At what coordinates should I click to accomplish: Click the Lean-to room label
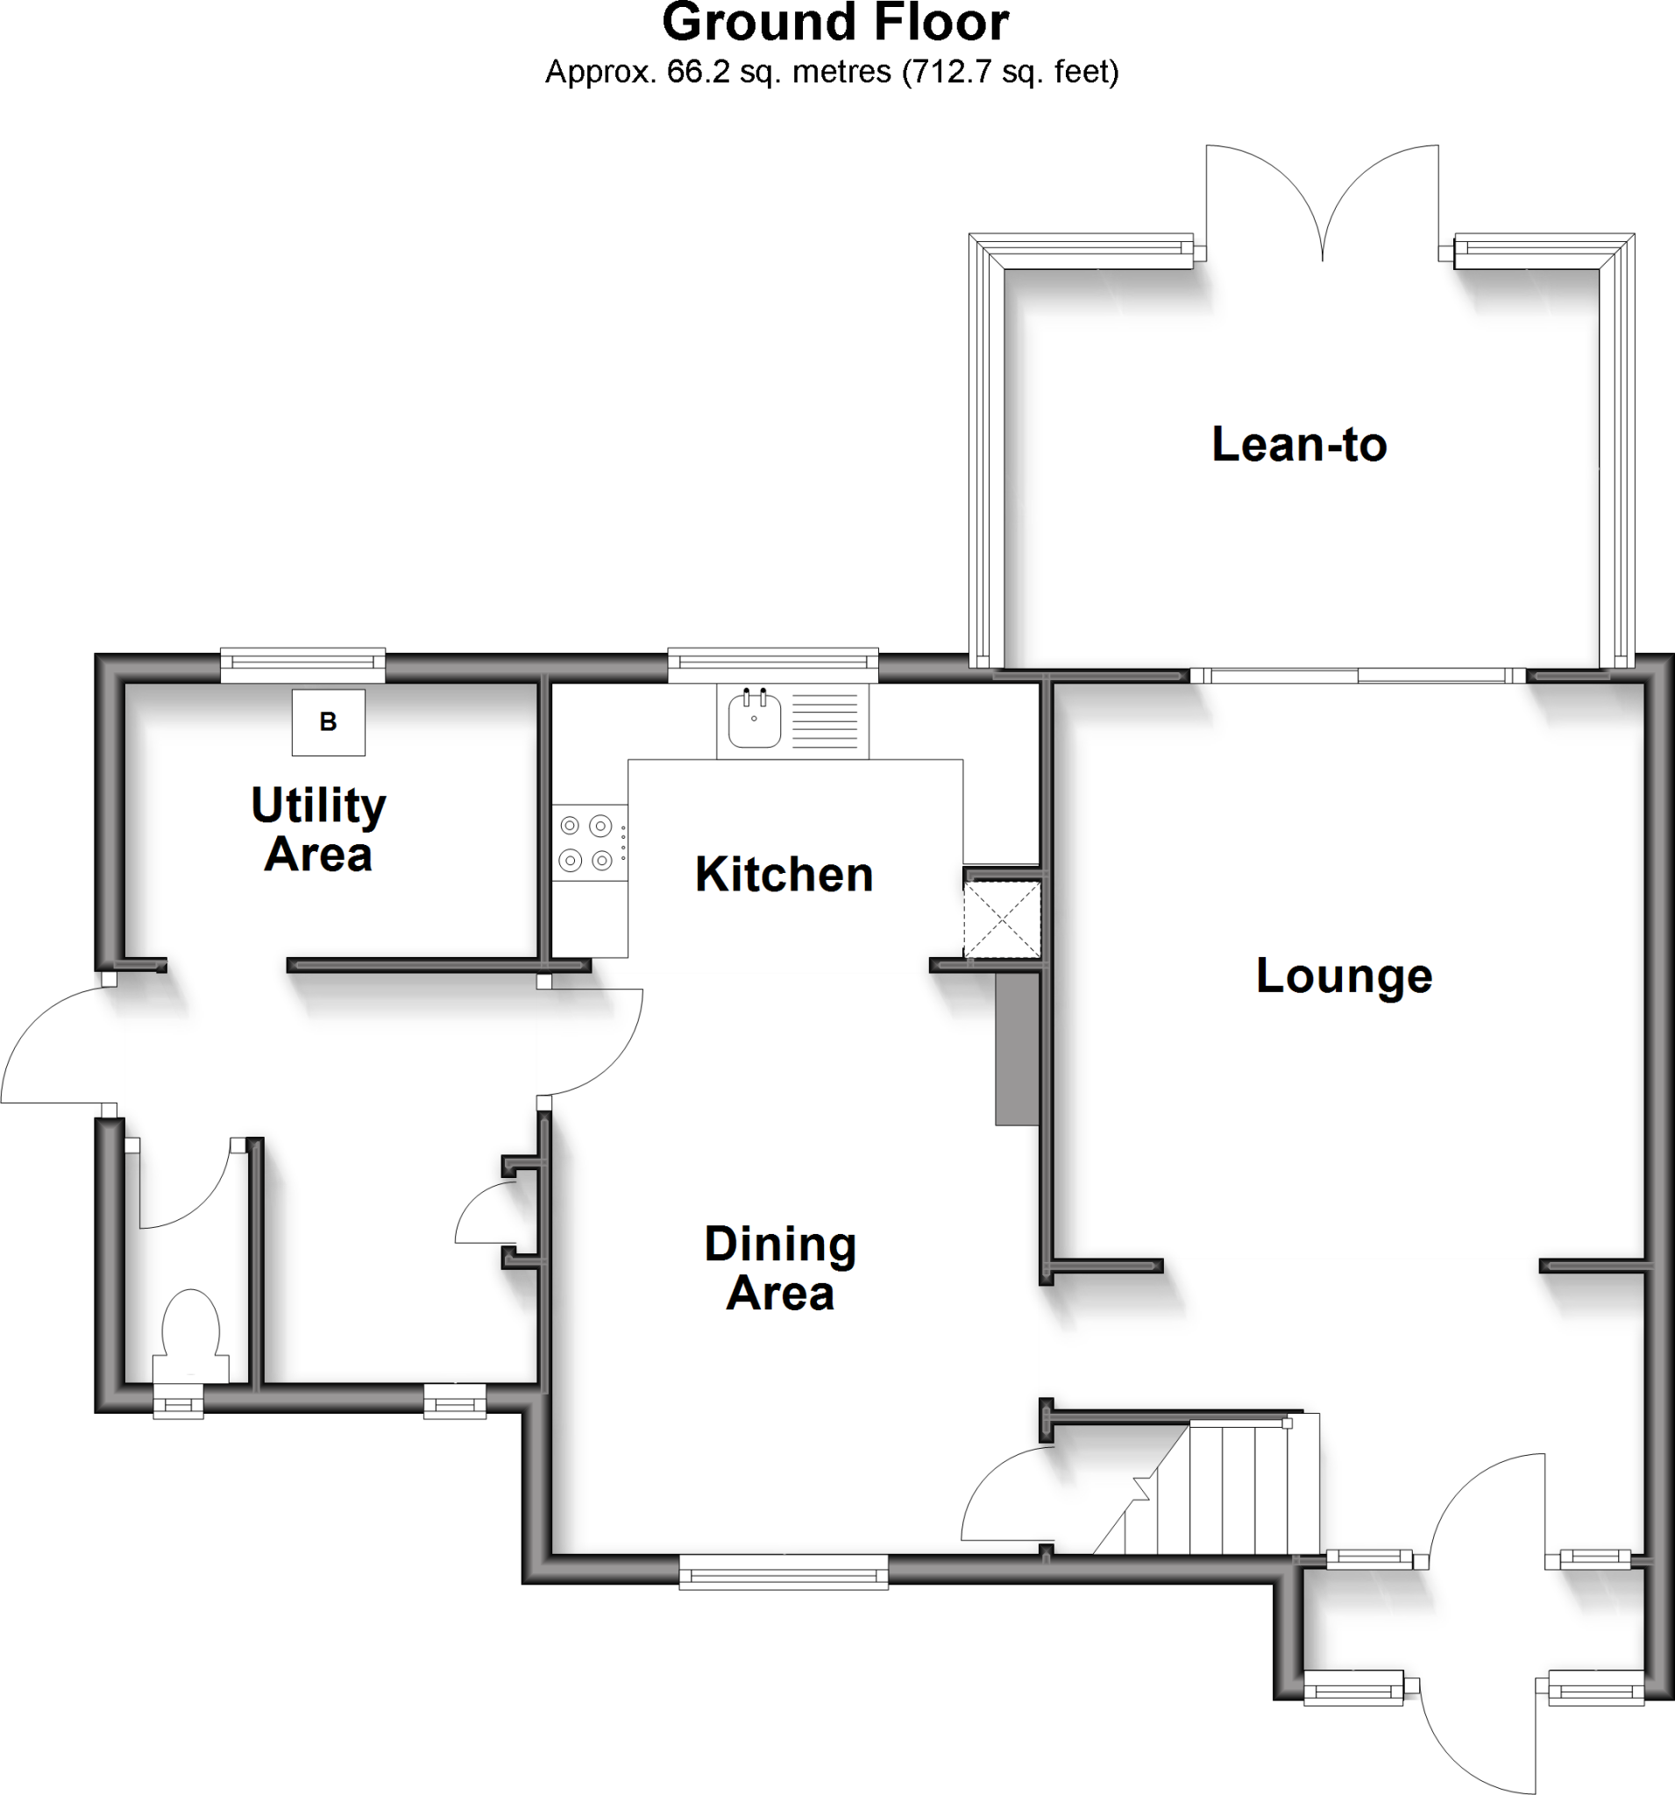point(1298,445)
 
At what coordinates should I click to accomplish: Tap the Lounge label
point(1344,976)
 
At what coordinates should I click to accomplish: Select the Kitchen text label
point(784,875)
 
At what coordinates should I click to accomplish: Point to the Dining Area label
point(780,1268)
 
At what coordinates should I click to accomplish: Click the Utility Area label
point(319,830)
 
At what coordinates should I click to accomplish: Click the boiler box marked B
point(329,722)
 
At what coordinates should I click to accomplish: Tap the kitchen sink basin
point(754,720)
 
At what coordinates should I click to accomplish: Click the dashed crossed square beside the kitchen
point(1003,920)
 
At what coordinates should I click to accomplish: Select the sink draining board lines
point(825,720)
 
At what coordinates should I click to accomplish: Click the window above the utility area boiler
point(303,664)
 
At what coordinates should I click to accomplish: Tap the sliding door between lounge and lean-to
point(1357,676)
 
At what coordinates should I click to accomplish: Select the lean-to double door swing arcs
point(1323,203)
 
